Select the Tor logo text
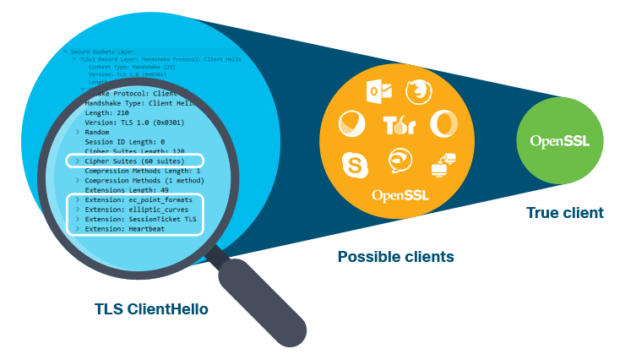pos(399,126)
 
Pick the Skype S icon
pos(355,162)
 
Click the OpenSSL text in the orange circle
pos(399,195)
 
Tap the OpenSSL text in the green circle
pos(560,141)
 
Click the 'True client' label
pos(564,213)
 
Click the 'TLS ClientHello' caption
pos(152,309)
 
